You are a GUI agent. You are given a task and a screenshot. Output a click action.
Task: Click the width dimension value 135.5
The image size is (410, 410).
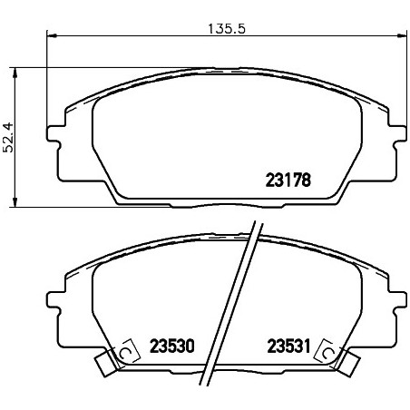[x=227, y=29]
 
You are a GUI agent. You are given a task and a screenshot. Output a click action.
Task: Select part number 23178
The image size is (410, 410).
[x=288, y=181]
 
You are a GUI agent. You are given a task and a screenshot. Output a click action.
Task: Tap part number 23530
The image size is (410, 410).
[x=172, y=347]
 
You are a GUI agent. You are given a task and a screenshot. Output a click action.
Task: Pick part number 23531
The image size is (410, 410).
[x=289, y=347]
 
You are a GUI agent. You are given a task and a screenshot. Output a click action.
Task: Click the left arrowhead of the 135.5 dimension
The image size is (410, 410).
[x=52, y=36]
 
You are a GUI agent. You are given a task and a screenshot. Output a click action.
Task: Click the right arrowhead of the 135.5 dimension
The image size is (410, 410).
[x=402, y=36]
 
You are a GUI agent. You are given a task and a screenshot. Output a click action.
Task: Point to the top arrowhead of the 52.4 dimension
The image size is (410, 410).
[x=15, y=72]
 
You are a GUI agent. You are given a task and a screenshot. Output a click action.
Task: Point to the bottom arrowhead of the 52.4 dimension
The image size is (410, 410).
[x=15, y=202]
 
